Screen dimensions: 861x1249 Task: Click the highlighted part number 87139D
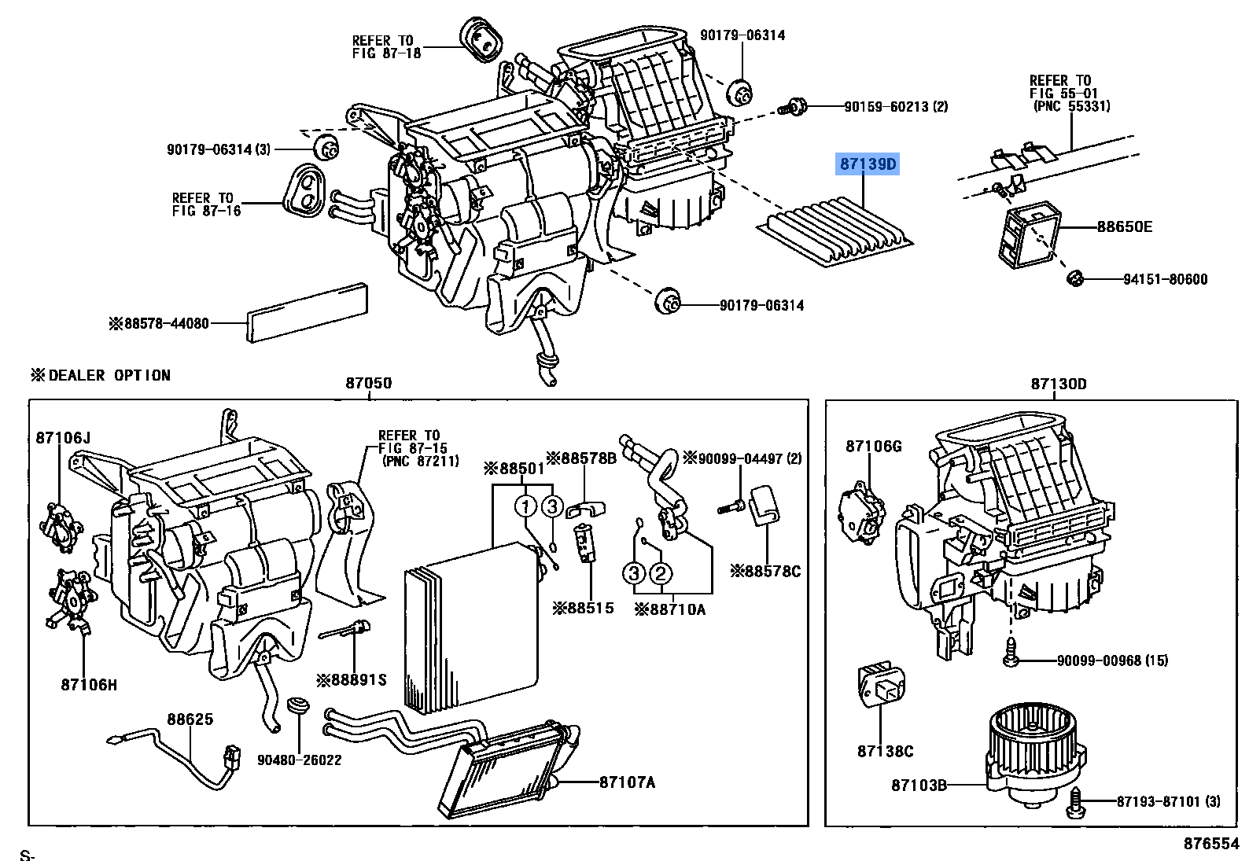868,164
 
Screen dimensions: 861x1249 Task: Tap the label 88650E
1125,227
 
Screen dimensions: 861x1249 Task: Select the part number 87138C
885,752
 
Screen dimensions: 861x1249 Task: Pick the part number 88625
190,719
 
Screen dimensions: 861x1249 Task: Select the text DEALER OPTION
109,375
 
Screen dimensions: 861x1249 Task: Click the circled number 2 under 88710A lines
661,574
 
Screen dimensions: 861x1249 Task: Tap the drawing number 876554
1210,843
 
